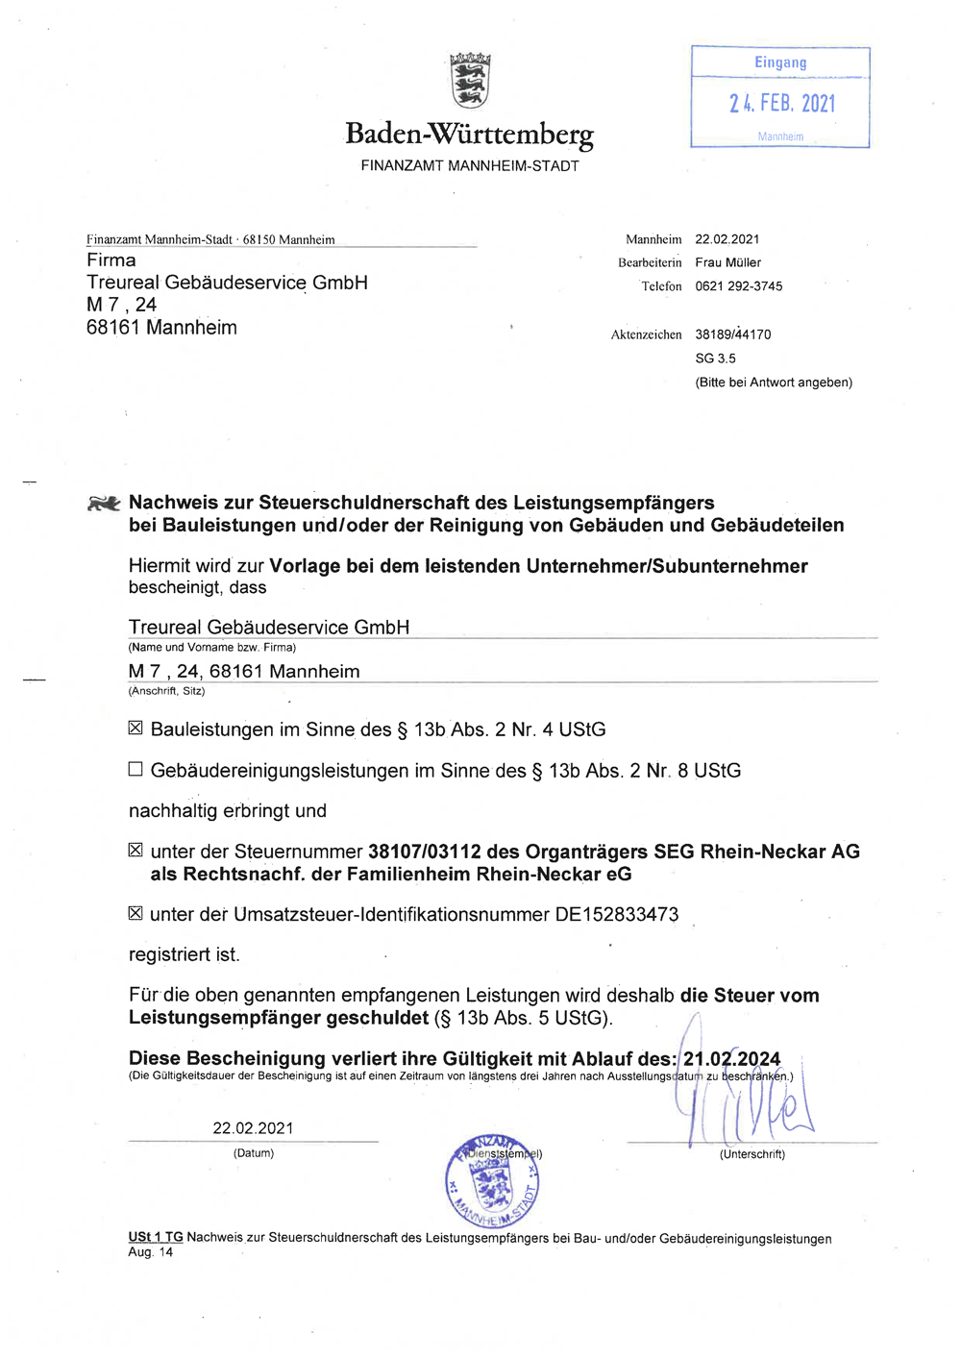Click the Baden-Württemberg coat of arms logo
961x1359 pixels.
[470, 81]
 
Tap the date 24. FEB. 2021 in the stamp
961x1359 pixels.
[782, 103]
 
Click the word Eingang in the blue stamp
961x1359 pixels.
[780, 62]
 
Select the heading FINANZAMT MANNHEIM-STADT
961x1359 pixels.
[470, 165]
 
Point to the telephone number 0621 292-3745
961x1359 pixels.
[738, 286]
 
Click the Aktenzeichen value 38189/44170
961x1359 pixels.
[732, 334]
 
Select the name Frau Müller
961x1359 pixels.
[727, 262]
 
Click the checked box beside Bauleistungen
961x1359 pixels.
[136, 729]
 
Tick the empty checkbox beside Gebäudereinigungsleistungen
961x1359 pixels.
[136, 769]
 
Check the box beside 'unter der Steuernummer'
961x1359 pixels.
[136, 850]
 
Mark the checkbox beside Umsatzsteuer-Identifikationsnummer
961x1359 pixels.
[136, 913]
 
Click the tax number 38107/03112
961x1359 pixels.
[424, 852]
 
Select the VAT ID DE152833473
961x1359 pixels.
[617, 914]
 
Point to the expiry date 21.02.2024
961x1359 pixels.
[731, 1058]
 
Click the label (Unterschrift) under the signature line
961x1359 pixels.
[752, 1154]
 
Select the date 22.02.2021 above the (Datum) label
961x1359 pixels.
[253, 1128]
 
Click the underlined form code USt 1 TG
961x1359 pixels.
[155, 1238]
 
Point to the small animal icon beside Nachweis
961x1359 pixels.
[104, 503]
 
